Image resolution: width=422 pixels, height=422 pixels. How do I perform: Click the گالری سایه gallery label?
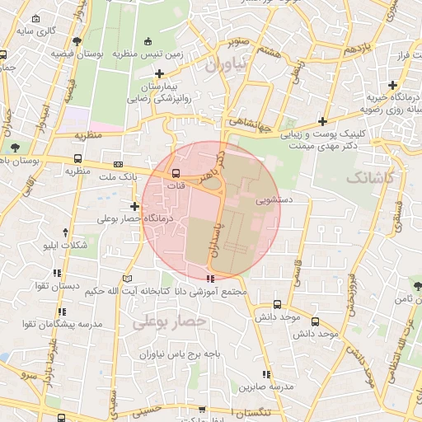(40, 30)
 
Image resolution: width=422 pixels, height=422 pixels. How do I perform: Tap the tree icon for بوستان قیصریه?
(77, 40)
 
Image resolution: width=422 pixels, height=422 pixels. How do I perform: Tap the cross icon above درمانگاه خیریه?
(392, 85)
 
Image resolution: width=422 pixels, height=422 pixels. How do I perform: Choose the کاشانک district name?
(371, 178)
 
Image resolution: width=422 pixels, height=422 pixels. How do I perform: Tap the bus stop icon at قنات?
(176, 173)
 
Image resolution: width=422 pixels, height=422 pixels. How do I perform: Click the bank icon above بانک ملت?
(118, 164)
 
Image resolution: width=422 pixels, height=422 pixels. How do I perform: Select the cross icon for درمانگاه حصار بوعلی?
(135, 206)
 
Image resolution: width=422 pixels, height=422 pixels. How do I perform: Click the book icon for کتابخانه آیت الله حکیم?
(128, 279)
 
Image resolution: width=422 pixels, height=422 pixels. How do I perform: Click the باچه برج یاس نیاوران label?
(177, 354)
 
